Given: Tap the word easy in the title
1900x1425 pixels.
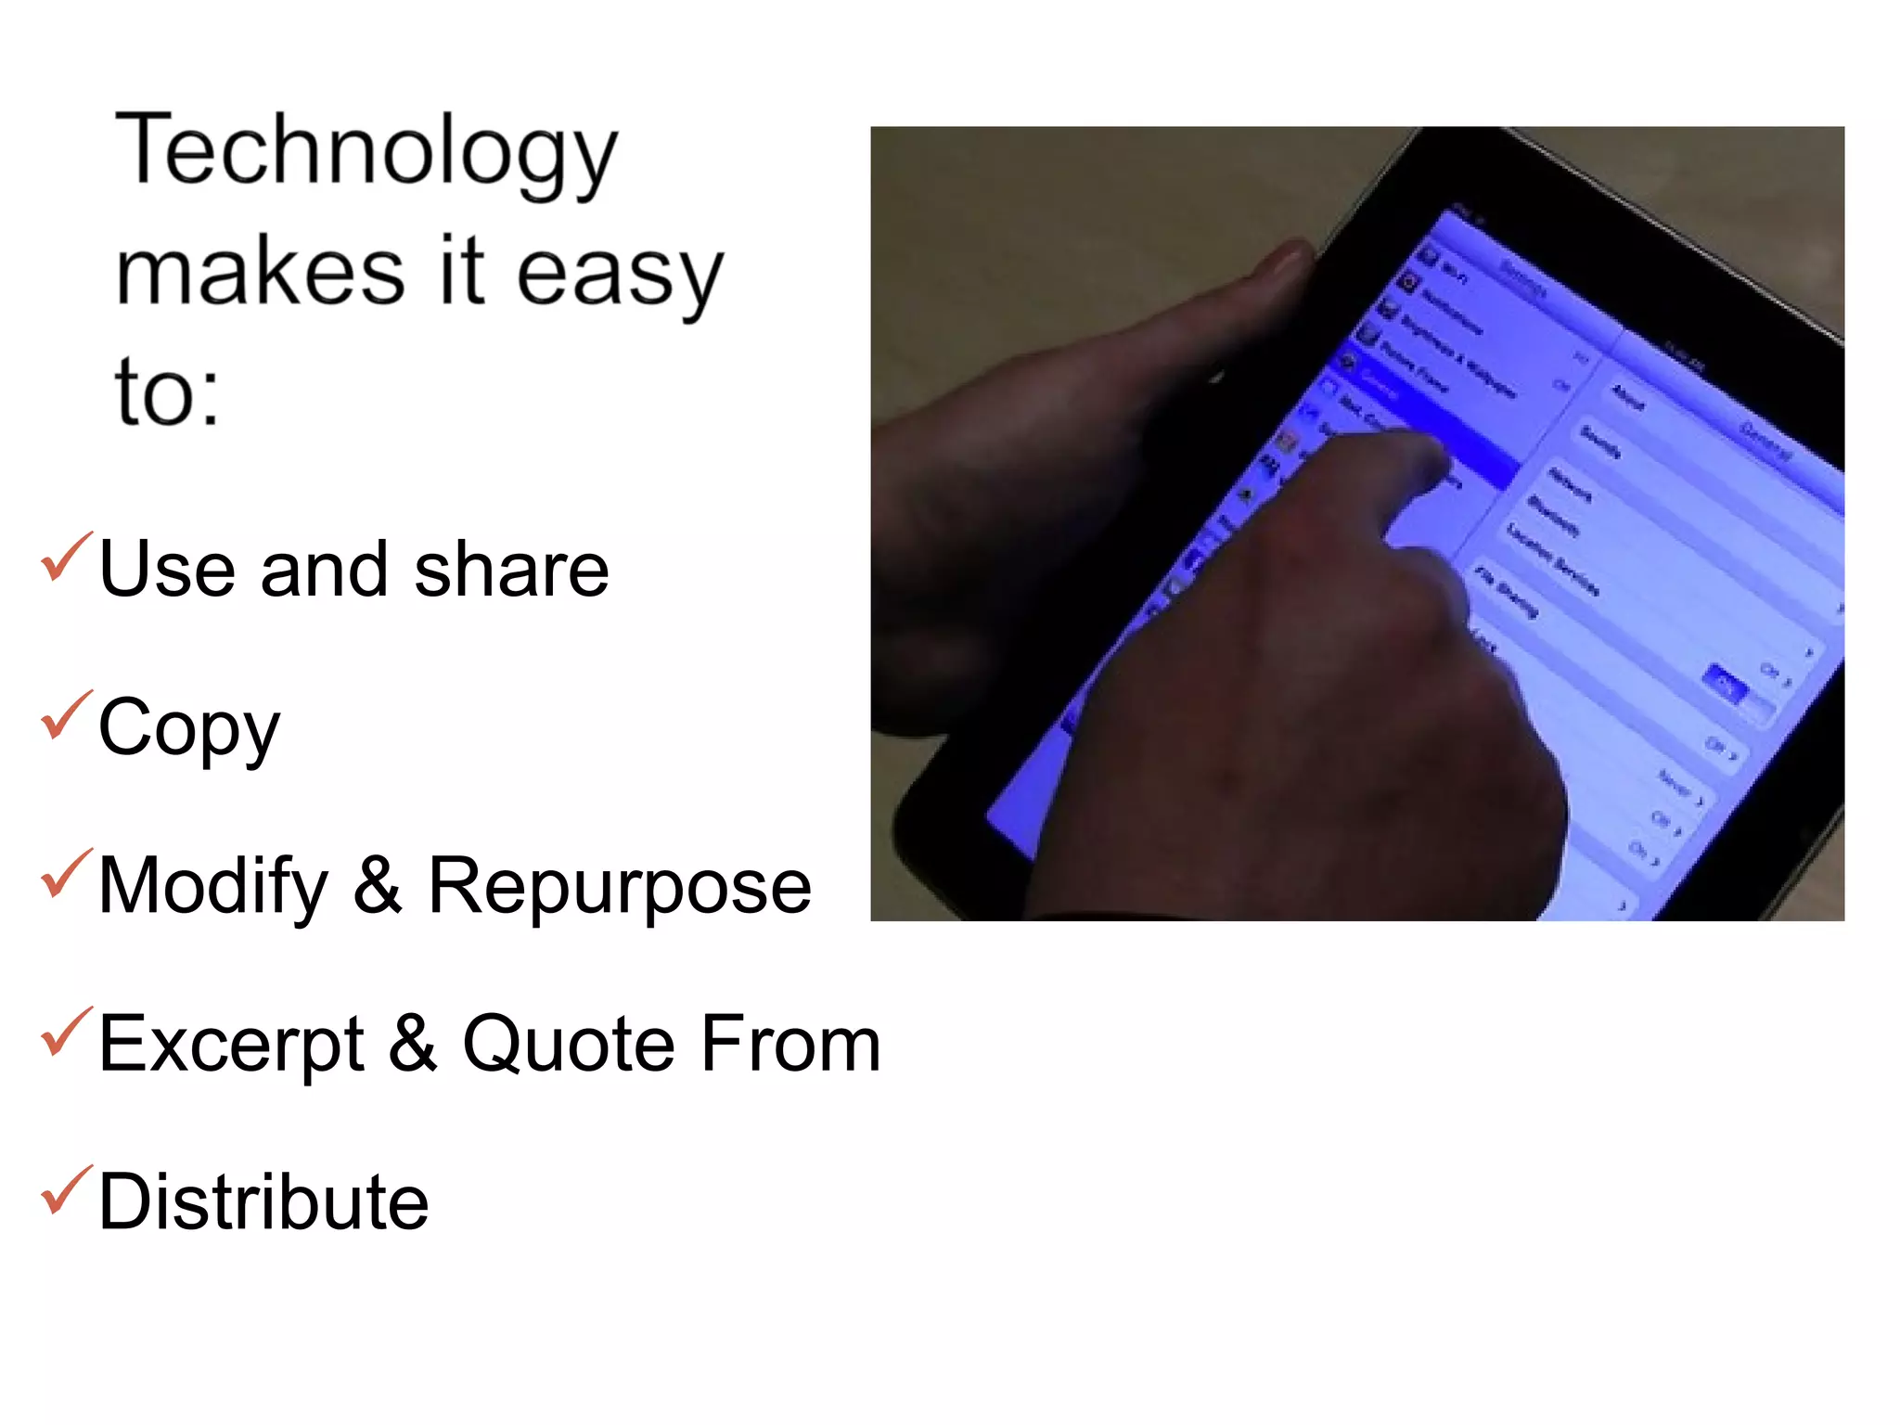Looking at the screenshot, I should coord(619,274).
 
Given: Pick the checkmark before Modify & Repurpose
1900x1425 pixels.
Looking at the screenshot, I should coord(66,874).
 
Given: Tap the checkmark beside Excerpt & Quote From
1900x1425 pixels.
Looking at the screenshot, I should coord(66,1032).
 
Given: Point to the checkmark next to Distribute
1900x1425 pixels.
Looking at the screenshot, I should coord(66,1190).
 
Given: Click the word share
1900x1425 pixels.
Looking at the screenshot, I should coord(511,570).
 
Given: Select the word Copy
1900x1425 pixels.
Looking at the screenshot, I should coord(188,729).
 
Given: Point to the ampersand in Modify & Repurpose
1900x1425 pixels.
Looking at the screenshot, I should coord(378,886).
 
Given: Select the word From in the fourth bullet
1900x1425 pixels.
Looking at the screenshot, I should coord(790,1045).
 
